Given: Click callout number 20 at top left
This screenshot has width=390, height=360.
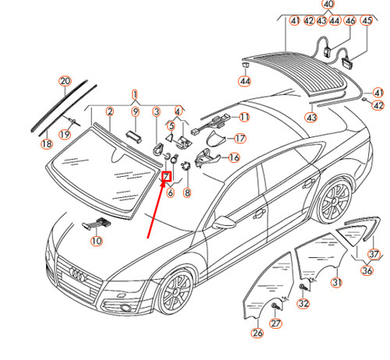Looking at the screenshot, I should pos(65,81).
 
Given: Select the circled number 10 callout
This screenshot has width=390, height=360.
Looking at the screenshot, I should pos(96,242).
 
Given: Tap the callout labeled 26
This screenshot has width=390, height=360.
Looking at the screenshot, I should pos(257,333).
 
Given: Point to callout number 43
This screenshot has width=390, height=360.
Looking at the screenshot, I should pos(312,118).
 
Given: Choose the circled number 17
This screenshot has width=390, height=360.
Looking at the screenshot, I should pos(239,139).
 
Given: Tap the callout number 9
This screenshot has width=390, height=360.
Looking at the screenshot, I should pos(134,112).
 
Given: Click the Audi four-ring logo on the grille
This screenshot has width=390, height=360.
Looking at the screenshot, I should pos(71,273).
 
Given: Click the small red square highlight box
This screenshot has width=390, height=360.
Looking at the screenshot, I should pos(166,176).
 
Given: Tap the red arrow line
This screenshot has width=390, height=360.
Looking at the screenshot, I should pos(157,206).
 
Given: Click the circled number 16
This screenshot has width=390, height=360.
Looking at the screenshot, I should pos(233,157).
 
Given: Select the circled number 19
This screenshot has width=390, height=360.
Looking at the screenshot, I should pos(66,134).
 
